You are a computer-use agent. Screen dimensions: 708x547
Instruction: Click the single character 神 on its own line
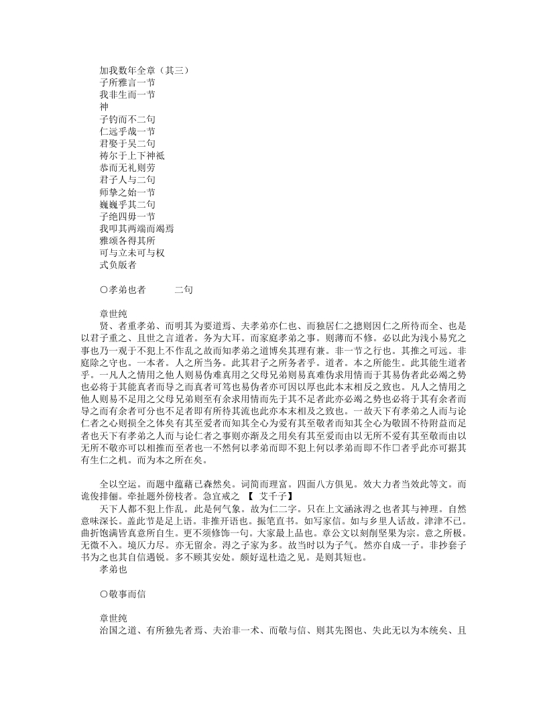tap(103, 106)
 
